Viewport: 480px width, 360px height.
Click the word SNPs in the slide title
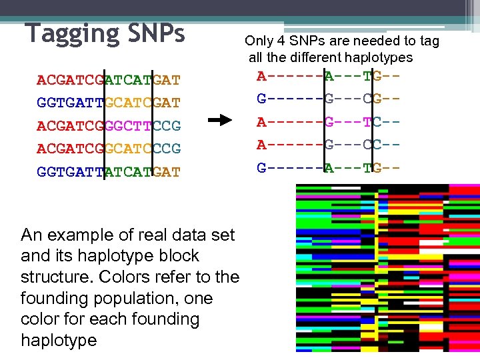154,33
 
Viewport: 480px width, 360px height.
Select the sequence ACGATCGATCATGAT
109,81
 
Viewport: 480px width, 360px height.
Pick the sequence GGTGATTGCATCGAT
109,103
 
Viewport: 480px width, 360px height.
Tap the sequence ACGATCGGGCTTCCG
109,126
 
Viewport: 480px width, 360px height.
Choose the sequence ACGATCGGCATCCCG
109,148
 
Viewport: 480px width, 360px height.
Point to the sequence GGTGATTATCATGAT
109,171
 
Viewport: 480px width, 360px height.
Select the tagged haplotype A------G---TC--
329,123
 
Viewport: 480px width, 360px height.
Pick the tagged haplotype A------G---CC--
329,145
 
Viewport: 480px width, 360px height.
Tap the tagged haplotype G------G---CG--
329,100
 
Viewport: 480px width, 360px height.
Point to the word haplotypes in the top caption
379,58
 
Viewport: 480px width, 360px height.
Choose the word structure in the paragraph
53,277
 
